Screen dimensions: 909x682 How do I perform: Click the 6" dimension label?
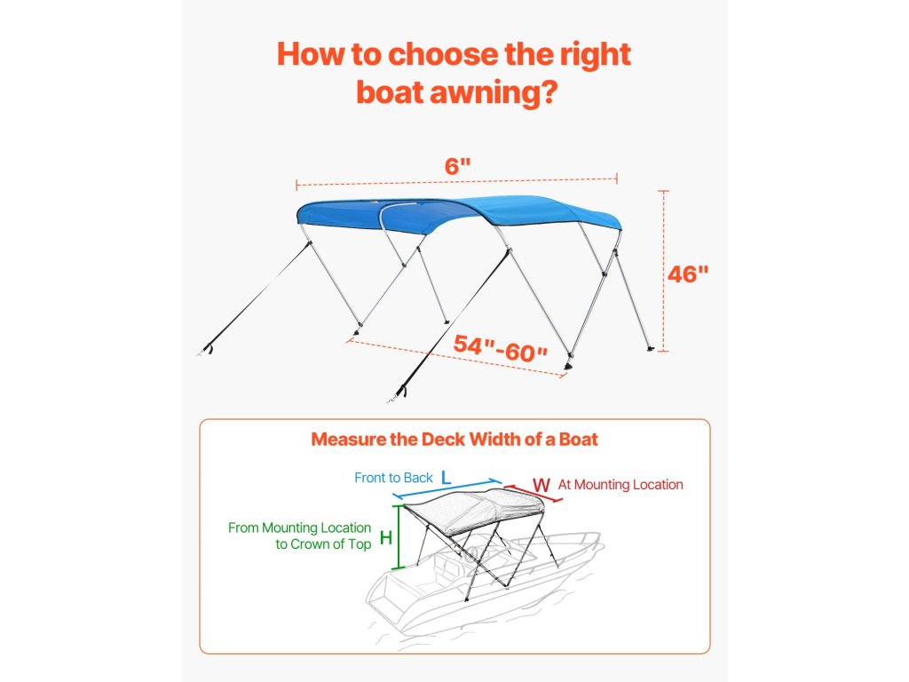[456, 165]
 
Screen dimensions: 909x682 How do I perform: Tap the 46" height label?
[688, 274]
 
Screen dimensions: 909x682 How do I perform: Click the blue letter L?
[447, 478]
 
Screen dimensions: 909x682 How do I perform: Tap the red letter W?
[541, 485]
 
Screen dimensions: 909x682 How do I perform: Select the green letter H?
[386, 537]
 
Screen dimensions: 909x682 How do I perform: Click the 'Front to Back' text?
[393, 478]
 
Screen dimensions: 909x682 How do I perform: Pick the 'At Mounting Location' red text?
[620, 485]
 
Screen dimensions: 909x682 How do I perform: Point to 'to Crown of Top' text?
[323, 544]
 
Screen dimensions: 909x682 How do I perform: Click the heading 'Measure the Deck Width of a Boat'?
[454, 440]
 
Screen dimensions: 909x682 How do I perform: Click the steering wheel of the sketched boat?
[470, 555]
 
